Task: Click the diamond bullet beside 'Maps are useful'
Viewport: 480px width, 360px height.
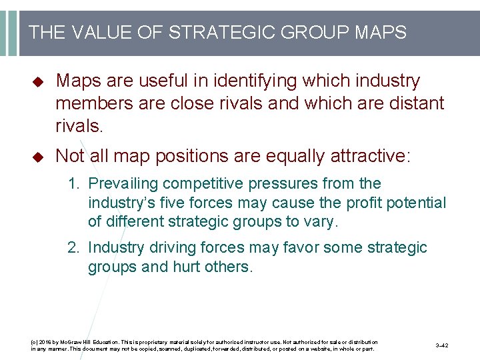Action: [37, 82]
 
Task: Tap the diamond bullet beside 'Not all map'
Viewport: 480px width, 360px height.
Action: [37, 157]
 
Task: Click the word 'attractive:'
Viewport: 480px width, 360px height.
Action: [363, 156]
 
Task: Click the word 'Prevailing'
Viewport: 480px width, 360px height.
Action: [124, 183]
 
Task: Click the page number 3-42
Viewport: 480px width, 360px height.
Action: [441, 345]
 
